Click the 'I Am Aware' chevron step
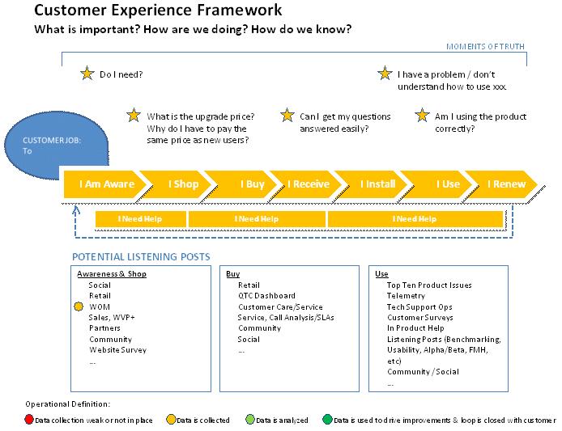[x=106, y=184]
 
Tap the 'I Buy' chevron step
[x=252, y=184]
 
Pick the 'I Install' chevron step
[x=377, y=184]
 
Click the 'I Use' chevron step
[x=447, y=184]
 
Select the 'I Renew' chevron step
[x=506, y=184]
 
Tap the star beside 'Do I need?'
[x=87, y=74]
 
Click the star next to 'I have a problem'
[x=385, y=74]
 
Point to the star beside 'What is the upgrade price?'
[x=134, y=116]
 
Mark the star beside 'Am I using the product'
[x=422, y=116]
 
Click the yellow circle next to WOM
[x=79, y=307]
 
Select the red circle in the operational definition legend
[x=30, y=420]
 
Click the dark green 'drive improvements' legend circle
[x=326, y=420]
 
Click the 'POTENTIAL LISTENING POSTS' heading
[x=142, y=257]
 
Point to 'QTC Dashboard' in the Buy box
[x=266, y=296]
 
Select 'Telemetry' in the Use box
[x=406, y=296]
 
